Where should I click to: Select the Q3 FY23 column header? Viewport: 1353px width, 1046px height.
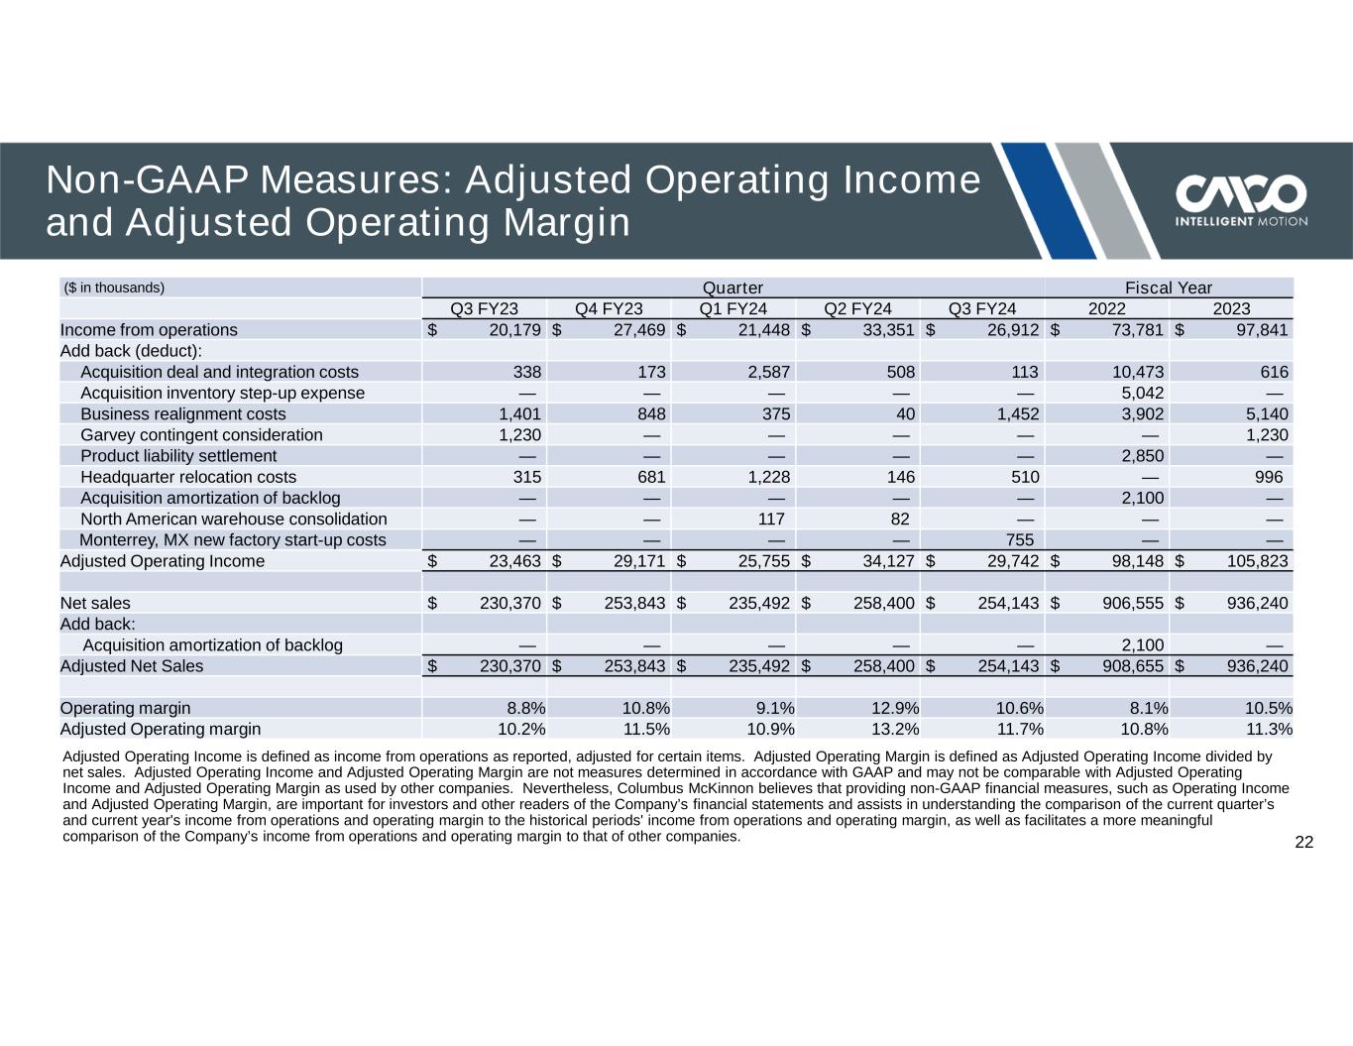point(485,308)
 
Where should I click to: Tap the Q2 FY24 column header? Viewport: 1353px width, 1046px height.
point(857,308)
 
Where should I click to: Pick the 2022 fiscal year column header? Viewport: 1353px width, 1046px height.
point(1106,308)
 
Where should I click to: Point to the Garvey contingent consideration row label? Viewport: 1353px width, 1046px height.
point(201,435)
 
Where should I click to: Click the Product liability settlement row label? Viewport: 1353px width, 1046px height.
point(178,456)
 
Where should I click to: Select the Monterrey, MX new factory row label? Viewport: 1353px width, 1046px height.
point(233,540)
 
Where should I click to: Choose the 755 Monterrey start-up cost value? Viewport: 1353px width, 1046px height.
point(1020,540)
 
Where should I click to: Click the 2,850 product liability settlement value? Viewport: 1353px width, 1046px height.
point(1142,456)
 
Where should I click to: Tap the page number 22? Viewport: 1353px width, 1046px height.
point(1303,843)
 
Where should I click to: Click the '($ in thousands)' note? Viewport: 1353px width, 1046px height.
point(114,288)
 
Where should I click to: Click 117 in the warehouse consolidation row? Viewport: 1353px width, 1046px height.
point(770,520)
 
